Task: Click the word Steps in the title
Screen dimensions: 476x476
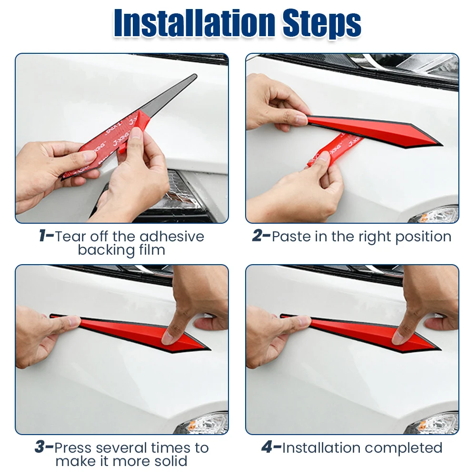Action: click(x=322, y=24)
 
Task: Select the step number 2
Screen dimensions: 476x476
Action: click(x=257, y=236)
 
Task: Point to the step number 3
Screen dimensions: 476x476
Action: click(x=40, y=447)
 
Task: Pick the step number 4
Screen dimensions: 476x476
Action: click(x=267, y=447)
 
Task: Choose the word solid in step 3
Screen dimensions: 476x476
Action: click(x=171, y=461)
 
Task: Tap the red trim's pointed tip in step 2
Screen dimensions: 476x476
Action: click(x=441, y=144)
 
